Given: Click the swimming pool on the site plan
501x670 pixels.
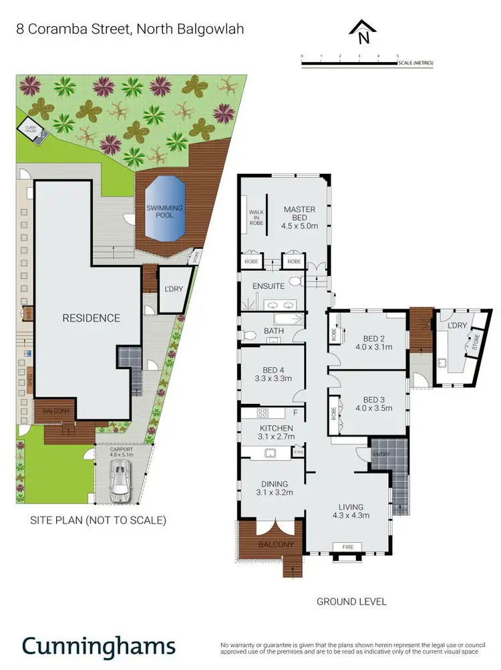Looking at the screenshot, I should (x=164, y=213).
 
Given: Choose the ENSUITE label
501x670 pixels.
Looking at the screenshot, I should (x=269, y=286).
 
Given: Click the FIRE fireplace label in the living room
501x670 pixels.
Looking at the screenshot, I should (x=346, y=547).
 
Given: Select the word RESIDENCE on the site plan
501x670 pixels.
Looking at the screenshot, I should (x=91, y=318).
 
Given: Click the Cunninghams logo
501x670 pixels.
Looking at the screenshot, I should (x=99, y=647).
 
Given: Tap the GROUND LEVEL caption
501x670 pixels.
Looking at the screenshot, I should (x=351, y=602).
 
